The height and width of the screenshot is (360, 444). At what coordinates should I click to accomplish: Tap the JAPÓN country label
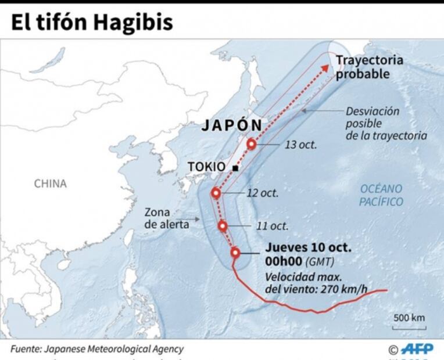pyautogui.click(x=232, y=126)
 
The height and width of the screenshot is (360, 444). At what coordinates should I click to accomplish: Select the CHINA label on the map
pyautogui.click(x=50, y=183)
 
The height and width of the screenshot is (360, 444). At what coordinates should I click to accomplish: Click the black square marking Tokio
pyautogui.click(x=235, y=168)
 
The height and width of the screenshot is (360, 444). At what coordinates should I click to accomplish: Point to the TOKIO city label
pyautogui.click(x=207, y=167)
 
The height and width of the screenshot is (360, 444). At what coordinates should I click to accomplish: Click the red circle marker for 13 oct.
pyautogui.click(x=252, y=144)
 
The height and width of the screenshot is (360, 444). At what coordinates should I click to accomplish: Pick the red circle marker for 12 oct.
pyautogui.click(x=216, y=193)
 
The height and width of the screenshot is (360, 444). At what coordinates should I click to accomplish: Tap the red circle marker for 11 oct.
pyautogui.click(x=223, y=226)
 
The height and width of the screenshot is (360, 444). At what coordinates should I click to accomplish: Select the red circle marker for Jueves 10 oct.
pyautogui.click(x=235, y=252)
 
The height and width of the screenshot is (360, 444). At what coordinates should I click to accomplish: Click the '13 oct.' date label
pyautogui.click(x=300, y=145)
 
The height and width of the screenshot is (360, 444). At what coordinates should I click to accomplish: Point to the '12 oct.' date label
pyautogui.click(x=263, y=193)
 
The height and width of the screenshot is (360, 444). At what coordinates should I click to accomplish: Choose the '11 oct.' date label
pyautogui.click(x=272, y=226)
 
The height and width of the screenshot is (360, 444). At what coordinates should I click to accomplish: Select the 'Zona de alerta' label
pyautogui.click(x=166, y=218)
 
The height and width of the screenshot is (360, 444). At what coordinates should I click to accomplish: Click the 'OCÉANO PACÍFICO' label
pyautogui.click(x=381, y=195)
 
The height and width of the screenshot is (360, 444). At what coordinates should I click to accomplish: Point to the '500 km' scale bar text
pyautogui.click(x=409, y=318)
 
